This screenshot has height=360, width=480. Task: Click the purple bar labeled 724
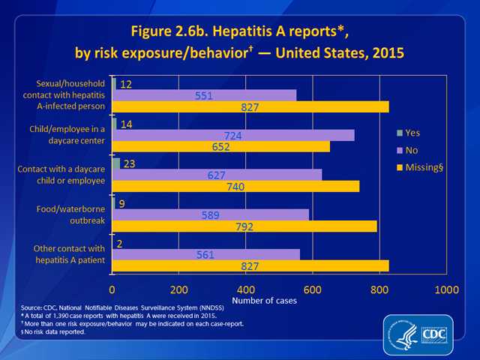pos(233,135)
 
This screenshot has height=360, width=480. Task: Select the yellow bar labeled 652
pos(221,147)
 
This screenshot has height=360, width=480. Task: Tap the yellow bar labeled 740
pos(235,186)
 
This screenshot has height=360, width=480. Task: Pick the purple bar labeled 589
pos(211,214)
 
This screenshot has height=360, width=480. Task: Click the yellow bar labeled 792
pos(244,226)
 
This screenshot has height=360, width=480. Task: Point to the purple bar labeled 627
pos(217,175)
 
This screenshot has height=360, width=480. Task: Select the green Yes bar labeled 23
pos(116,163)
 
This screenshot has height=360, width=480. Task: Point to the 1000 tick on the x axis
pos(447,289)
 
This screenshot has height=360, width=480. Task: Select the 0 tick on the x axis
pos(112,289)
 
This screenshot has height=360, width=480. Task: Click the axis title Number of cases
pos(265,300)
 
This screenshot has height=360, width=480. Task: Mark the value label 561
pos(205,254)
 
